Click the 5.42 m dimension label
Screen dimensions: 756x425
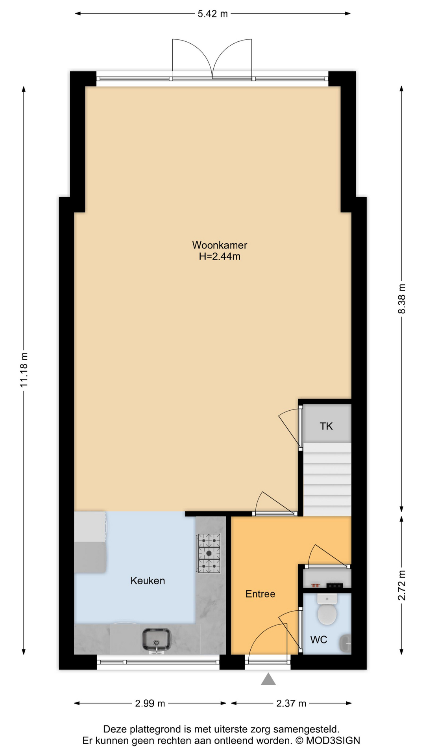213,14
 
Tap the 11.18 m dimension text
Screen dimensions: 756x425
24,370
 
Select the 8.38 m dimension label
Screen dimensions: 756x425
401,299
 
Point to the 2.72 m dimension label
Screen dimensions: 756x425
401,586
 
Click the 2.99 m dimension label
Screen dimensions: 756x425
150,703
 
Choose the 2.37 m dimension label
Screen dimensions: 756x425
291,703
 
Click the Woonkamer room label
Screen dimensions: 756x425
220,245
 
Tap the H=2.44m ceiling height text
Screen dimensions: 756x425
220,257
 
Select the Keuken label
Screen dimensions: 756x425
148,581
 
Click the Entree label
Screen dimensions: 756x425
260,594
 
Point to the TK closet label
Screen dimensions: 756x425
326,426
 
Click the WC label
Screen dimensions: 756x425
319,640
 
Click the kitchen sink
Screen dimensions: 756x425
156,639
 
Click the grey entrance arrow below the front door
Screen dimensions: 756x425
268,679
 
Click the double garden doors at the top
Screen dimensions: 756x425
212,59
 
